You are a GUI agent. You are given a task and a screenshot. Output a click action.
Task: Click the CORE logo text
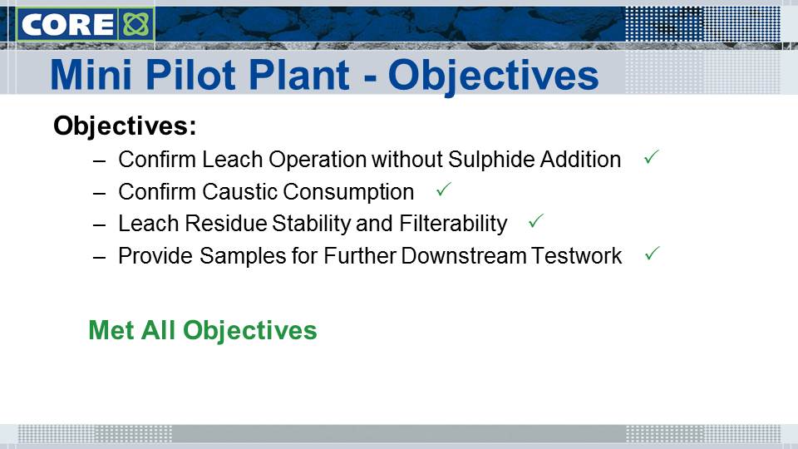(x=67, y=24)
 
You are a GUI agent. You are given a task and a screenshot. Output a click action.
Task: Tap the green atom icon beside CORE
(x=135, y=24)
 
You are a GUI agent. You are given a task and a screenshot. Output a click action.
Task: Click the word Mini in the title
(x=91, y=75)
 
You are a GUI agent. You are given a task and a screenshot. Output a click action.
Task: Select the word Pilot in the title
(x=189, y=75)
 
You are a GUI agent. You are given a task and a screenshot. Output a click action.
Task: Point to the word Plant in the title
(x=298, y=75)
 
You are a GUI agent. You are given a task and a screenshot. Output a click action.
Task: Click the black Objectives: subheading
(x=125, y=126)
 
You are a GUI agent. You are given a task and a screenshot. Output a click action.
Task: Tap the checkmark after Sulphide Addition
(x=652, y=157)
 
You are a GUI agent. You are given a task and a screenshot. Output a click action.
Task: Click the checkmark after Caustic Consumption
(x=444, y=190)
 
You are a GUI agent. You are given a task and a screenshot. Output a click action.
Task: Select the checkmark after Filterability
(x=536, y=221)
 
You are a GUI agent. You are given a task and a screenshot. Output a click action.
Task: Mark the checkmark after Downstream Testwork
(x=652, y=253)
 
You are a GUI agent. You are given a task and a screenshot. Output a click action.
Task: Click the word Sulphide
(x=491, y=160)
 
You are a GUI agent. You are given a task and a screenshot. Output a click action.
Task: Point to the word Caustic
(x=239, y=192)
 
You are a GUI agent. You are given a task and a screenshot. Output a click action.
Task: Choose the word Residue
(x=225, y=224)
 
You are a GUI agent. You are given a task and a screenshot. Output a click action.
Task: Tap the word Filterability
(x=453, y=224)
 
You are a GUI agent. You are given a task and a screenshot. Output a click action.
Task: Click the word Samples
(x=243, y=256)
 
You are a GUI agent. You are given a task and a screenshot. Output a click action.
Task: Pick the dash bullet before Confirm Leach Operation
(x=99, y=161)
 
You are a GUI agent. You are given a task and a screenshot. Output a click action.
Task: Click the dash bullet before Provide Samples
(x=99, y=258)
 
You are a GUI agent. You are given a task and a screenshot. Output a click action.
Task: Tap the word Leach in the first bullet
(x=233, y=160)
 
